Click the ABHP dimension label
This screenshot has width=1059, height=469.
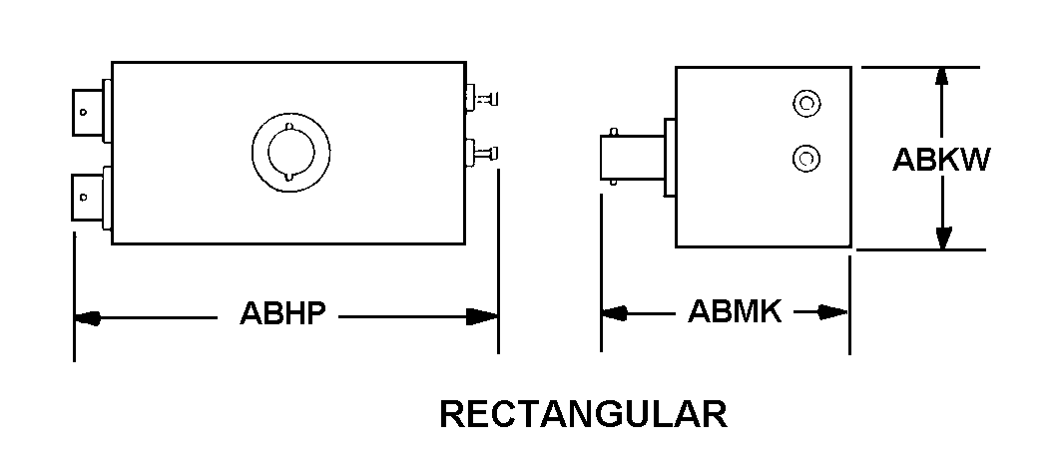[x=282, y=314]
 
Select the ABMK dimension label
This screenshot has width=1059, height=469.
[x=735, y=312]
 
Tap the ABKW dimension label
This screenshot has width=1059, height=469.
[x=939, y=160]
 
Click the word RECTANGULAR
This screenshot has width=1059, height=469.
[x=583, y=414]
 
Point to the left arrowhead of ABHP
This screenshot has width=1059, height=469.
[x=88, y=318]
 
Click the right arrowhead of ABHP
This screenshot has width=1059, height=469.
[x=485, y=317]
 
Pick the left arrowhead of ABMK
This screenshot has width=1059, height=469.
[x=614, y=313]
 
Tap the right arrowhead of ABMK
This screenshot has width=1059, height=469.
[x=835, y=312]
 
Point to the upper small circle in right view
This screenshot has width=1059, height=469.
[x=804, y=102]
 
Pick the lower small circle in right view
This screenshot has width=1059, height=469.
[x=804, y=157]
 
